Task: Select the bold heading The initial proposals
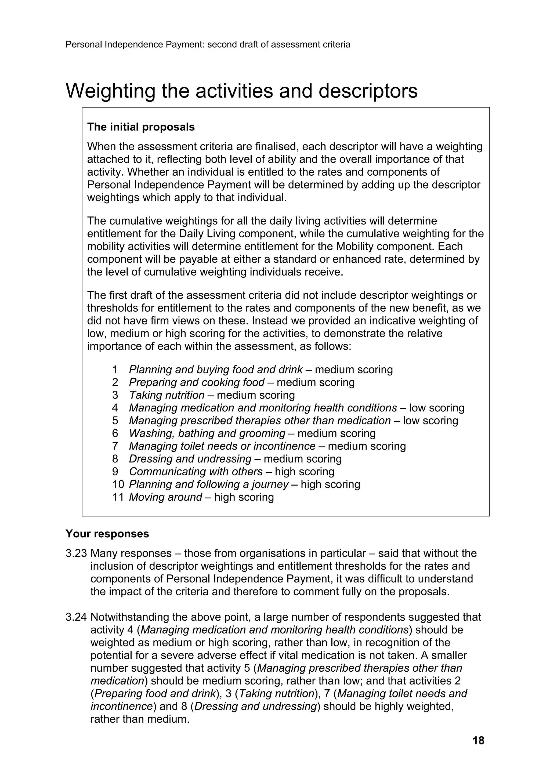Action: (141, 127)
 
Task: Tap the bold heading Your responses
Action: (107, 534)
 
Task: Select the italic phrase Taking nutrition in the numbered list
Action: (167, 395)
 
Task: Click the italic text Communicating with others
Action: (196, 472)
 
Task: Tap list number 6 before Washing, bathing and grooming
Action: (115, 433)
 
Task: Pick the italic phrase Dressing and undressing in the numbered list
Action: (190, 459)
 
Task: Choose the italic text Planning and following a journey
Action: (208, 484)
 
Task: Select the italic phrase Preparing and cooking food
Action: (197, 383)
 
